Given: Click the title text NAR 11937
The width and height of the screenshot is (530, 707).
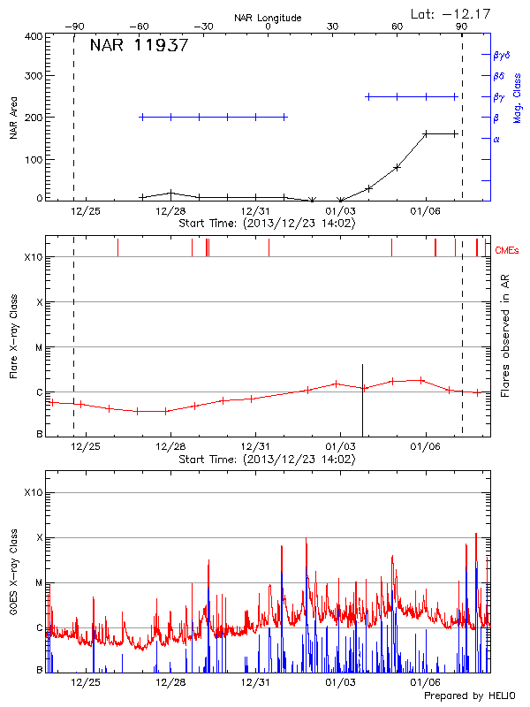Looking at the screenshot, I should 139,46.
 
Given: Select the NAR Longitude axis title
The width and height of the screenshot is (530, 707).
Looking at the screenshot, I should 268,18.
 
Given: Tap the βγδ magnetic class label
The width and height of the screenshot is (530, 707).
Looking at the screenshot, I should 502,55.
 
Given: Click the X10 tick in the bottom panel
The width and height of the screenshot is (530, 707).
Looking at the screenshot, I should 34,492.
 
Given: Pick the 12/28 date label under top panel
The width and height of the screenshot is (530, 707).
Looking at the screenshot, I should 170,212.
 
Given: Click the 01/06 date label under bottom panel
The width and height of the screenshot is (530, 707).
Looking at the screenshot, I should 425,682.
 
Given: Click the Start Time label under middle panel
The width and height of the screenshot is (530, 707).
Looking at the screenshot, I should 267,460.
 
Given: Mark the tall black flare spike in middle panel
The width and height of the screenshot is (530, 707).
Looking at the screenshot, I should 362,398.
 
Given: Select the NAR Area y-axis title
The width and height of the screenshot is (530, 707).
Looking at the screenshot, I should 13,118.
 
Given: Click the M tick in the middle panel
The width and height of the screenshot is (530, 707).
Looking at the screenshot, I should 38,347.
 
